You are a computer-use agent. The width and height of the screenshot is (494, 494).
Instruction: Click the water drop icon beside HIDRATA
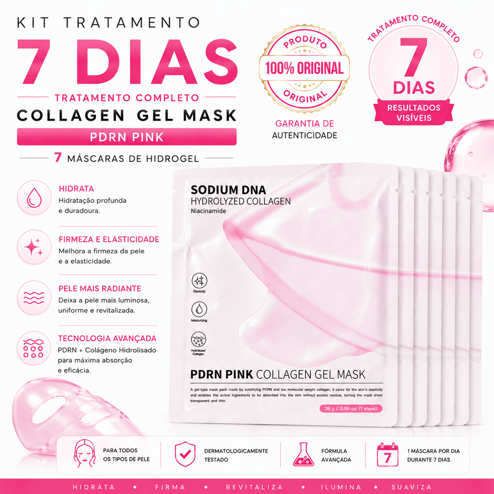tap(34, 197)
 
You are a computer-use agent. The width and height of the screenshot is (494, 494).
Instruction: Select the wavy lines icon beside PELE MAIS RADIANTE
tap(34, 298)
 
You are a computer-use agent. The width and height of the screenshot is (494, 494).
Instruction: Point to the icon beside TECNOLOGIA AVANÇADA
tap(34, 348)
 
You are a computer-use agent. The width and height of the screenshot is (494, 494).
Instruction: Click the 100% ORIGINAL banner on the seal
tap(304, 68)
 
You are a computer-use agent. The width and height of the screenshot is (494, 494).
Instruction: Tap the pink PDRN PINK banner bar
tap(126, 137)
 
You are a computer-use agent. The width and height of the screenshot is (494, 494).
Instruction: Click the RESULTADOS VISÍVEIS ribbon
tap(414, 113)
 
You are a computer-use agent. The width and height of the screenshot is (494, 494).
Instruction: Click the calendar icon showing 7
tap(387, 455)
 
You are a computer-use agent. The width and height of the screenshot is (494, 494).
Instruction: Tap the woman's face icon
tap(85, 453)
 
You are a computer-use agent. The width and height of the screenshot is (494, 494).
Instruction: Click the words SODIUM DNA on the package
tap(228, 190)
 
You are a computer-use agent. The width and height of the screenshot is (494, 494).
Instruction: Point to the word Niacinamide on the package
tap(208, 211)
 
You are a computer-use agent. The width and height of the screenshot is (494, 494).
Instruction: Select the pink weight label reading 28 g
tap(351, 409)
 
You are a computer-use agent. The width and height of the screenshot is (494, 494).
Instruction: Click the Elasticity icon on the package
tap(199, 281)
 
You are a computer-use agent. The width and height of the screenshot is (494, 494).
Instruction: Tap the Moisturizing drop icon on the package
tap(199, 309)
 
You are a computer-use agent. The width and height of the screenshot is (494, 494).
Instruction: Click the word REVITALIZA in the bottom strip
tap(254, 487)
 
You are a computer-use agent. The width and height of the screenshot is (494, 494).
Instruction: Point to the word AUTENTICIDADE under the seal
tap(305, 136)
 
